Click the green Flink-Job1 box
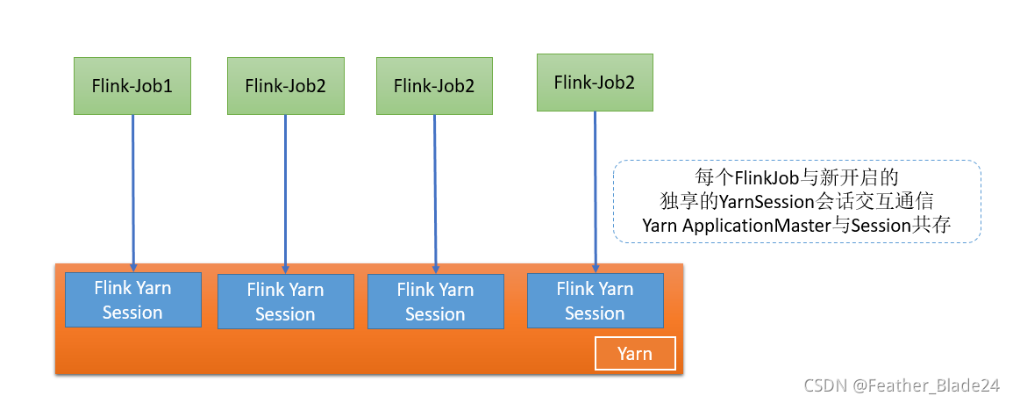132,86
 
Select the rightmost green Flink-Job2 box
595,83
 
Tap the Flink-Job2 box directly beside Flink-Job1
285,86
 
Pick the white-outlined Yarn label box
635,354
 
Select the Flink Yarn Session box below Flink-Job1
132,300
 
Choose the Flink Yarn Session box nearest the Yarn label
595,300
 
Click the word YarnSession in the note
773,201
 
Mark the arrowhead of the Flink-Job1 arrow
133,267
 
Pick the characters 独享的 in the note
689,201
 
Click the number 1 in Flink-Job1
168,86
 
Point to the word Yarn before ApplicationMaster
660,226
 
